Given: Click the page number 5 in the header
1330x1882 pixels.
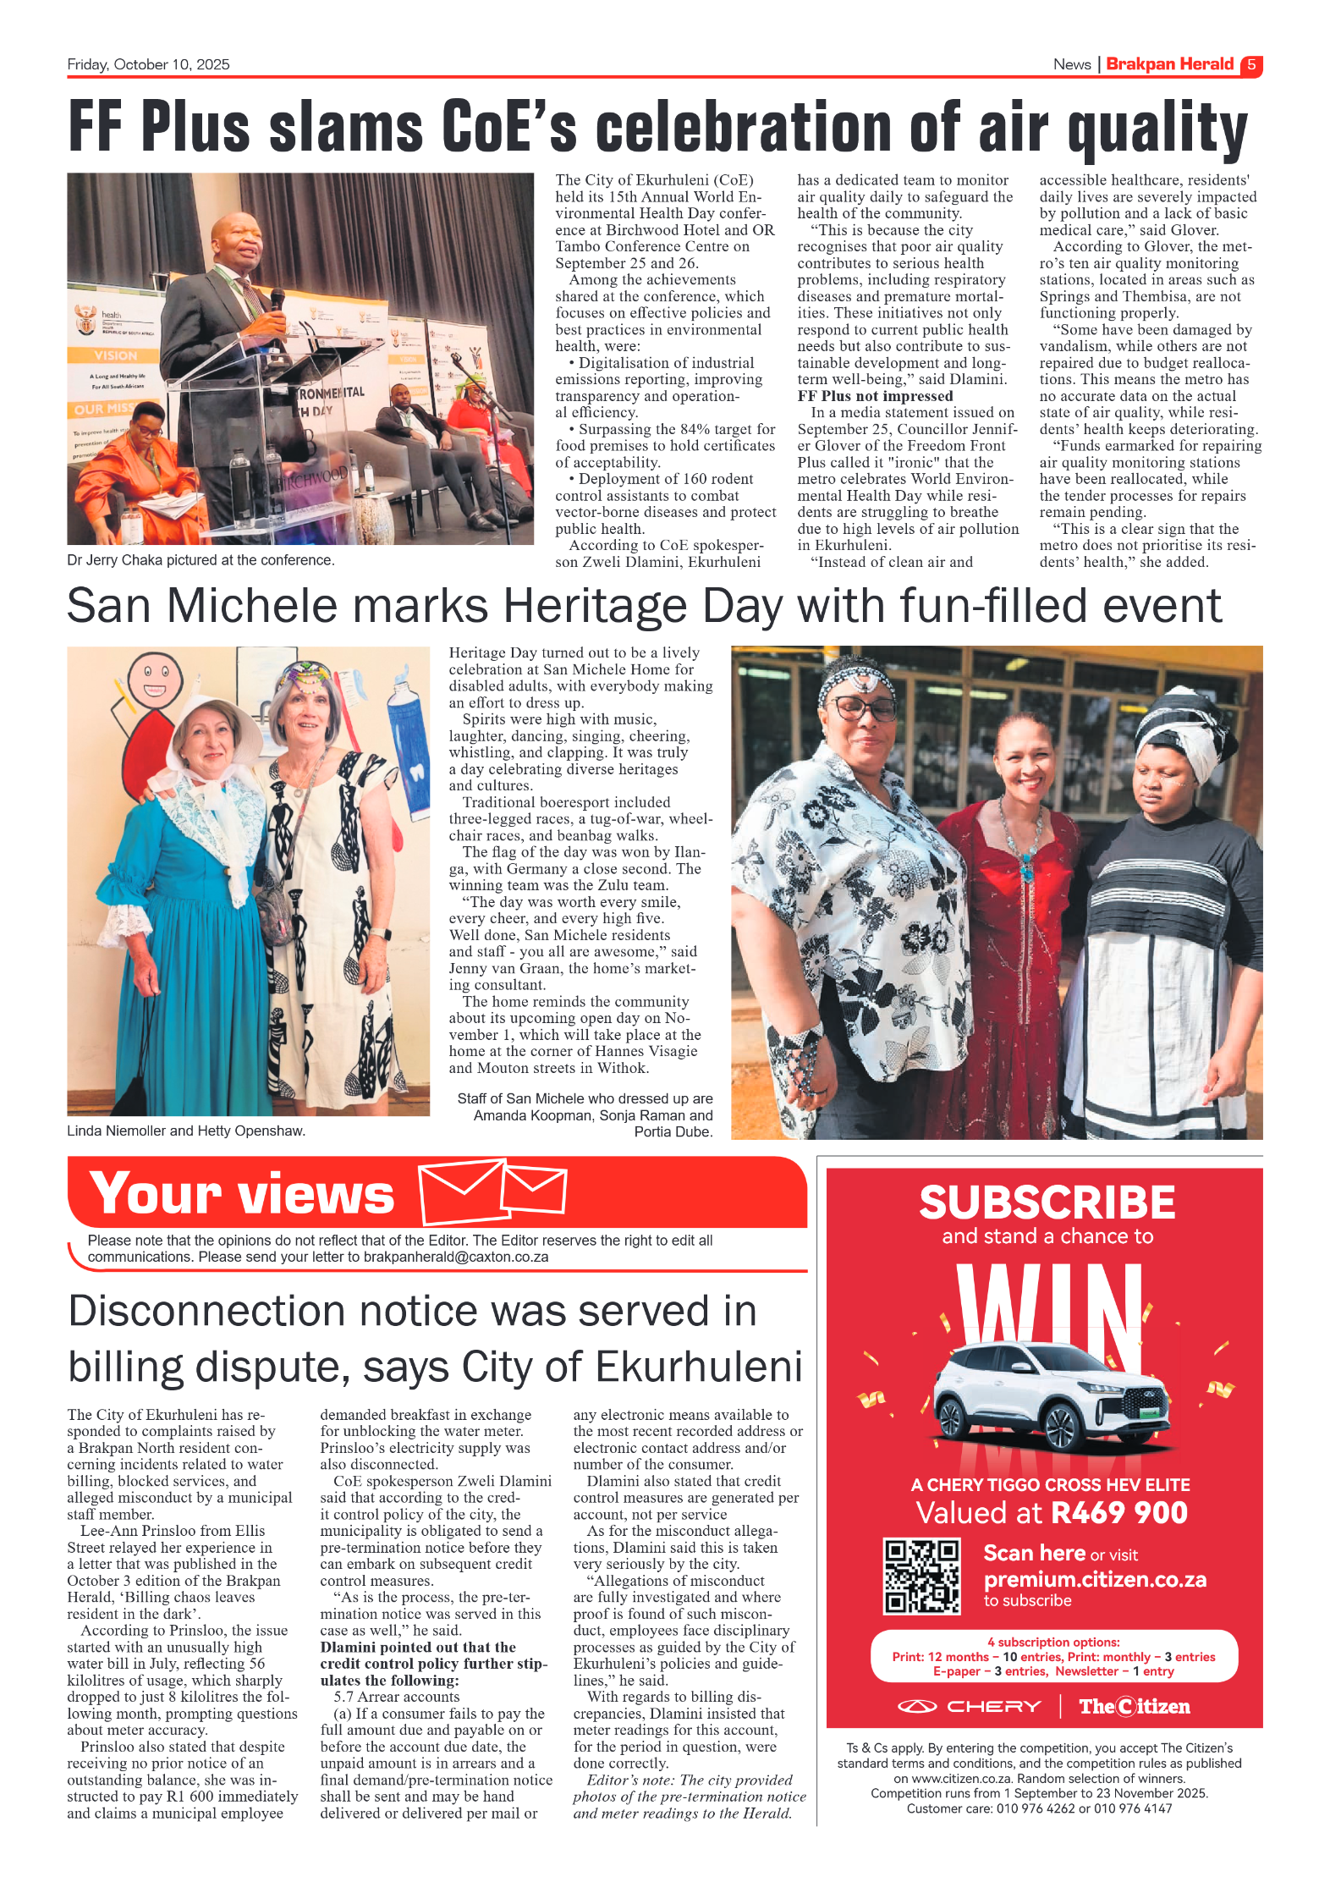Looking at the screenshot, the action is pyautogui.click(x=1250, y=65).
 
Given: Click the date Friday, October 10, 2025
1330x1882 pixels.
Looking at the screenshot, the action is pyautogui.click(x=148, y=65).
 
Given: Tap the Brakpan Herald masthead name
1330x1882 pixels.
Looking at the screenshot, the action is pyautogui.click(x=1169, y=64).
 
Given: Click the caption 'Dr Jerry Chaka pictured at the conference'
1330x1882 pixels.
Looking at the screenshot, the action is pyautogui.click(x=201, y=560).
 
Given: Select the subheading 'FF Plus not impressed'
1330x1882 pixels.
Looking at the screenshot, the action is pyautogui.click(x=875, y=396).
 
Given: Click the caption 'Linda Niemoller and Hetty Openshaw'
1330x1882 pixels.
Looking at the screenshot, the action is pyautogui.click(x=186, y=1131).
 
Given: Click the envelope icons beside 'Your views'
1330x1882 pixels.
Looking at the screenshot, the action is pyautogui.click(x=492, y=1191).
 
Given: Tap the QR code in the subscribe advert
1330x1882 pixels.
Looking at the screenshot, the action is pyautogui.click(x=921, y=1577).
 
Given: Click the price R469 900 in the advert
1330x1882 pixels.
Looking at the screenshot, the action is pyautogui.click(x=1118, y=1512).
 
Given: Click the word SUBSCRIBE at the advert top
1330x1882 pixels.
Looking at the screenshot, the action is pyautogui.click(x=1047, y=1202).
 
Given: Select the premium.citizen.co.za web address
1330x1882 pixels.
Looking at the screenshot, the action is pyautogui.click(x=1095, y=1579).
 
